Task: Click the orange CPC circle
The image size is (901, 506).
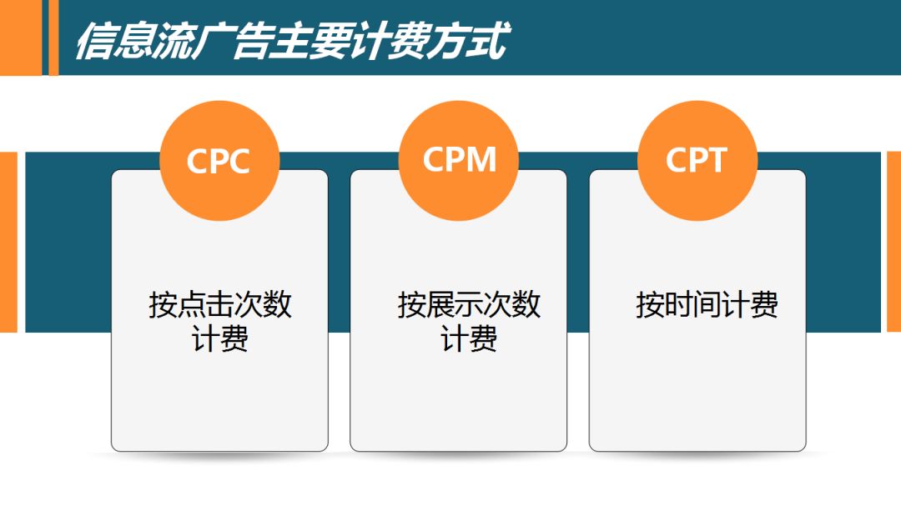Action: [219, 159]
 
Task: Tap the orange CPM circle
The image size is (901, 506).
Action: [458, 159]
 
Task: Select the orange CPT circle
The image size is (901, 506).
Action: [697, 159]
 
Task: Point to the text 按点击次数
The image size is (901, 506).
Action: [220, 304]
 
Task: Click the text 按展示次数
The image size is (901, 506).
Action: [469, 304]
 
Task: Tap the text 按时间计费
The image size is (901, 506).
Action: [707, 304]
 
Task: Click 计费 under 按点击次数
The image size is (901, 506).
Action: [220, 339]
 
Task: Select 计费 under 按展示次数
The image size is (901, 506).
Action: [469, 339]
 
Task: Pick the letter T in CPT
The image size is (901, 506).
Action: [716, 159]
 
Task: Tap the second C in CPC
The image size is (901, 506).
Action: [238, 160]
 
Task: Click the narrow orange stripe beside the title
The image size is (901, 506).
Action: [53, 38]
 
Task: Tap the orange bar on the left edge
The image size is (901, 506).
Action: [8, 242]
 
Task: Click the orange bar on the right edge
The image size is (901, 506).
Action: [893, 242]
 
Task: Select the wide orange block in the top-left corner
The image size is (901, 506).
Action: [20, 38]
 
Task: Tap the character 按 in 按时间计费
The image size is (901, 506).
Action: [649, 304]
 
